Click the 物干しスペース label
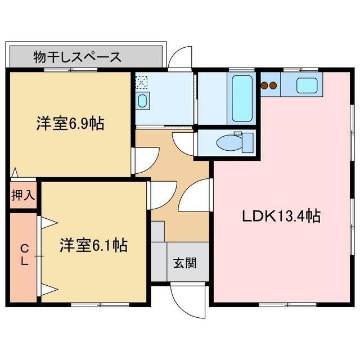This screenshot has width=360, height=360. point(77,57)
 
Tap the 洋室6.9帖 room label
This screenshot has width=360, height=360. point(70,123)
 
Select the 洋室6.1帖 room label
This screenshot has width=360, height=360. point(93,245)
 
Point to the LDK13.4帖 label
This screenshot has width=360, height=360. point(281,216)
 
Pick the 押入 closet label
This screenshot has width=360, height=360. point(23,195)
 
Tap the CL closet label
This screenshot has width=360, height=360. point(24,255)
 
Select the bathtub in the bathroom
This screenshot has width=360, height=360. point(242,99)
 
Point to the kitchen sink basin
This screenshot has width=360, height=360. point(307,85)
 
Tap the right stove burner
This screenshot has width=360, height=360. point(273,86)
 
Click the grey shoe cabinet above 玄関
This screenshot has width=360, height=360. point(158,231)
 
